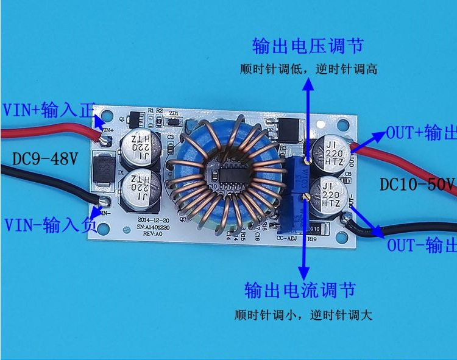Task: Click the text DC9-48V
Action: [45, 160]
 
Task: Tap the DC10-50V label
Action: [418, 183]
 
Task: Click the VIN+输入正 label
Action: [49, 110]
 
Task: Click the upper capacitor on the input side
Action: [141, 147]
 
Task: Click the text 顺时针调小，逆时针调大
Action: [302, 316]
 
